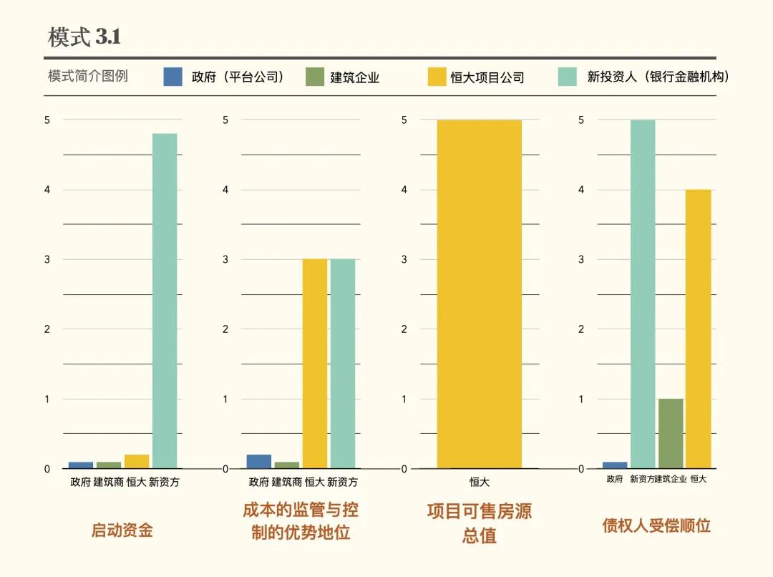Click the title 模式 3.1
pyautogui.click(x=84, y=37)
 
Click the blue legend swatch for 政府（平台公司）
pyautogui.click(x=173, y=77)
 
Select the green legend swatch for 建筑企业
pyautogui.click(x=315, y=77)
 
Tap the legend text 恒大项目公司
pyautogui.click(x=487, y=77)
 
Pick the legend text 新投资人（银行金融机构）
pyautogui.click(x=658, y=77)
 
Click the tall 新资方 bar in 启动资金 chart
pyautogui.click(x=165, y=301)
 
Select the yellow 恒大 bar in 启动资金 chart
pyautogui.click(x=137, y=462)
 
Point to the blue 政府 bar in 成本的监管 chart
pyautogui.click(x=258, y=462)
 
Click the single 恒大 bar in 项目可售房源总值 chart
pyautogui.click(x=479, y=294)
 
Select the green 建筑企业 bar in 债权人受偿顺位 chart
pyautogui.click(x=671, y=433)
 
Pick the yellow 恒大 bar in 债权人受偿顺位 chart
pyautogui.click(x=698, y=329)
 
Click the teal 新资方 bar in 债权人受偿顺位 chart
pyautogui.click(x=643, y=294)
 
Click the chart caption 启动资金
pyautogui.click(x=122, y=530)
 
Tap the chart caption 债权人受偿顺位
pyautogui.click(x=656, y=526)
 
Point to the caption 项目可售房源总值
pyautogui.click(x=479, y=523)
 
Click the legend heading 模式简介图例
pyautogui.click(x=88, y=77)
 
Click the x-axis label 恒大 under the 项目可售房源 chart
pyautogui.click(x=479, y=482)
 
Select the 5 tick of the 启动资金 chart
pyautogui.click(x=47, y=120)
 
